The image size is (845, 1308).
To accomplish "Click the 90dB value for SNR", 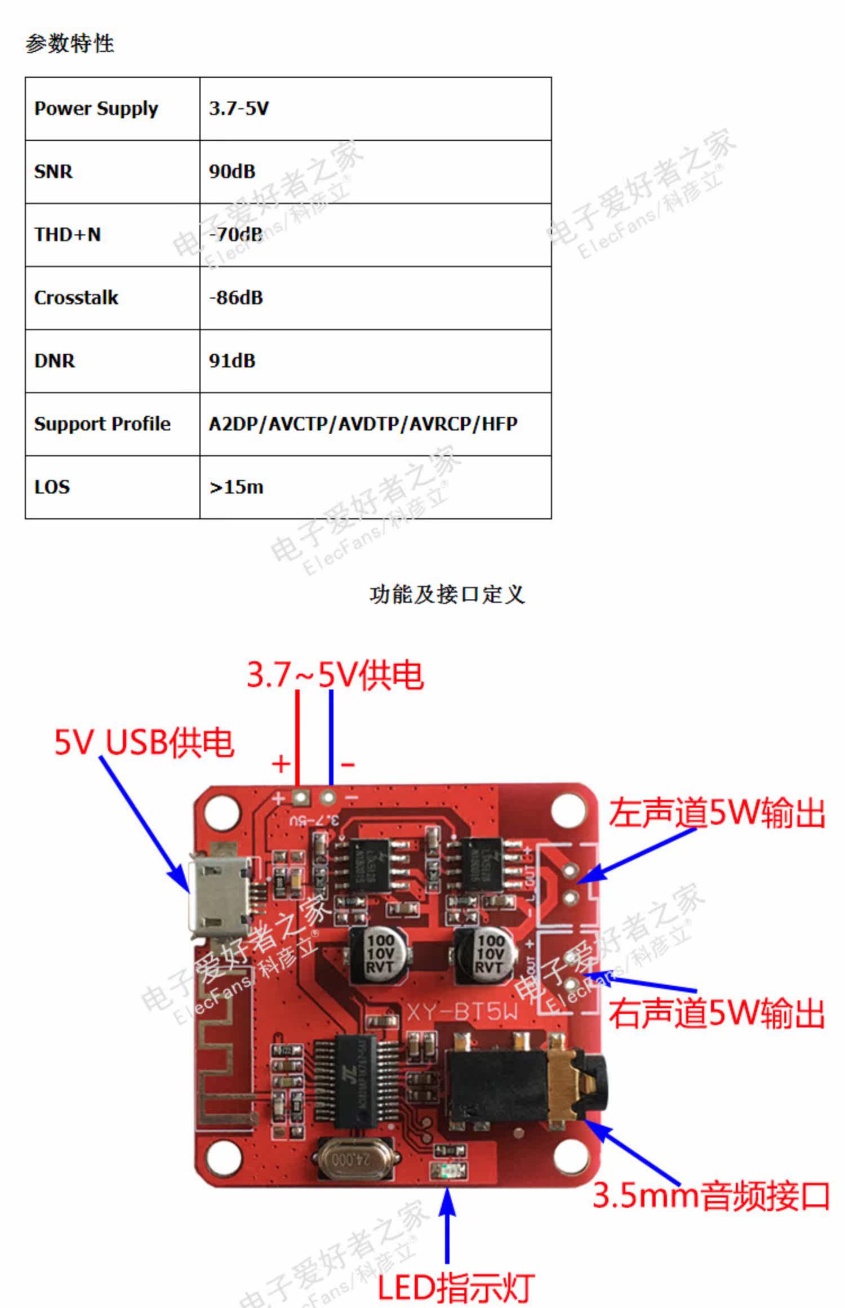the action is [x=232, y=171].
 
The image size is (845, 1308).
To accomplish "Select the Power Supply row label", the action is [x=96, y=109].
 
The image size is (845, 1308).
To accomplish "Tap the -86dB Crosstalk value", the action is [x=236, y=297].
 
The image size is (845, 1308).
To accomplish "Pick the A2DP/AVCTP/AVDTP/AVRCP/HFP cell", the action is [x=363, y=424].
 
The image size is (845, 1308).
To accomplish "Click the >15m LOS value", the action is [x=236, y=487].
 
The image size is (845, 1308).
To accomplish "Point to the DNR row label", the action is [x=55, y=361].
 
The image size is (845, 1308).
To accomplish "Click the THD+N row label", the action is [x=68, y=234].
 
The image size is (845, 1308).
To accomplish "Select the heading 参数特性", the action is [x=70, y=43].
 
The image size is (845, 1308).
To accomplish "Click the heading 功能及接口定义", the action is [x=447, y=594].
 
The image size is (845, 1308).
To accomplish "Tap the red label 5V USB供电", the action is [x=144, y=742].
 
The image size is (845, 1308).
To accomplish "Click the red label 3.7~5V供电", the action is [x=335, y=674].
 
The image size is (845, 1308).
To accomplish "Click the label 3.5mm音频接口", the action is [x=711, y=1195].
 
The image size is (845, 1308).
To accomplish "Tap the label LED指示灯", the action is [x=455, y=1287].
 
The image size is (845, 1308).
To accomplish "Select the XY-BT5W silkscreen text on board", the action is [x=461, y=1012].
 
